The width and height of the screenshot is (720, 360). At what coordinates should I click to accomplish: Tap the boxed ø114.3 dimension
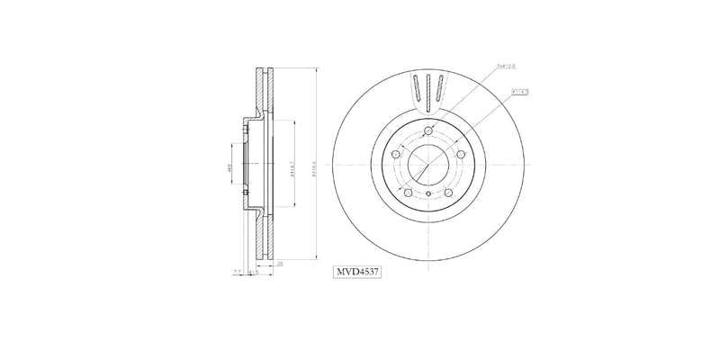520,91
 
